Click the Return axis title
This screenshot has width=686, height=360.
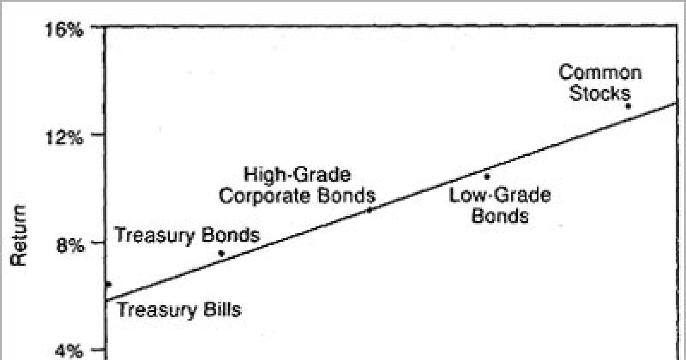click(x=20, y=235)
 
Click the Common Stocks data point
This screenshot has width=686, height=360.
click(x=628, y=106)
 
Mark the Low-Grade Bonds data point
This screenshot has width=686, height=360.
click(x=487, y=176)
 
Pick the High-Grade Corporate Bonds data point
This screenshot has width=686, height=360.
click(x=369, y=210)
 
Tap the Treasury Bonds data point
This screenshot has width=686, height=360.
click(x=221, y=253)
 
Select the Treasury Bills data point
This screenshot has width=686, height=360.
click(x=108, y=284)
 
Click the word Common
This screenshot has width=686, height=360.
click(x=600, y=73)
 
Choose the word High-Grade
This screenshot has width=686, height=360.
click(x=297, y=174)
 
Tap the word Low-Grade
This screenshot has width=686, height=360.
click(x=500, y=195)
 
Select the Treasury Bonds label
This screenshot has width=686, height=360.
click(x=188, y=235)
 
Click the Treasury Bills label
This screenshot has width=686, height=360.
click(x=179, y=310)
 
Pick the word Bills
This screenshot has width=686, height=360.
click(x=220, y=310)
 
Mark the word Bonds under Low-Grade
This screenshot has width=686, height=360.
click(x=500, y=217)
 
